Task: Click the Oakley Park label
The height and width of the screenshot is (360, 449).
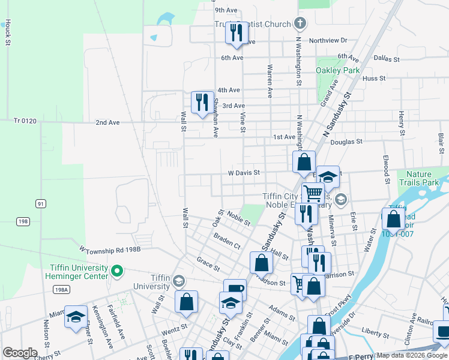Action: coord(338,70)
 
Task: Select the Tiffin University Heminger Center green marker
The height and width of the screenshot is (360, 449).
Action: coord(118,272)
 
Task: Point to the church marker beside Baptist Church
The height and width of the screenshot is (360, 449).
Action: coord(301,24)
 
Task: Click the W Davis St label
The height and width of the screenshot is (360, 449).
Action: coord(243,172)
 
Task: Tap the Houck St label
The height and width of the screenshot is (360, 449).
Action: coord(8,32)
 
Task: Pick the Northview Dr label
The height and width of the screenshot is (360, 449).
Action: coord(328,40)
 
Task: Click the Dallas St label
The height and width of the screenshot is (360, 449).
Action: coord(386,59)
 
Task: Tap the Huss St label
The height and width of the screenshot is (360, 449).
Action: coord(374,78)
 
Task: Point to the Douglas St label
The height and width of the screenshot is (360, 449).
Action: coord(346,142)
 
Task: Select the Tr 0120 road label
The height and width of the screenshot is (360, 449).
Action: coord(25,121)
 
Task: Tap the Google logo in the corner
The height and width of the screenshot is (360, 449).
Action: coord(20,352)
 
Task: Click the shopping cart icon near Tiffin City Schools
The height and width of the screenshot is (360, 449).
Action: coord(313,193)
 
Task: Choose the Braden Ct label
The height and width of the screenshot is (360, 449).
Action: coord(227,241)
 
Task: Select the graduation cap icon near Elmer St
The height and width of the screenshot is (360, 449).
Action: coord(76,317)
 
